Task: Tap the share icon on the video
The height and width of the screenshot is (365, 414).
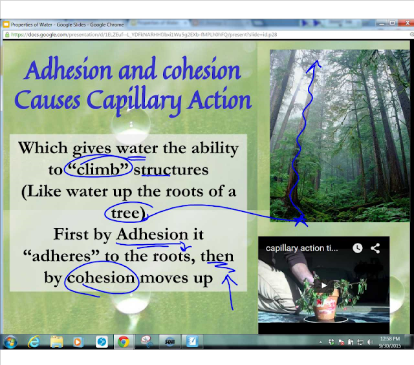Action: point(375,248)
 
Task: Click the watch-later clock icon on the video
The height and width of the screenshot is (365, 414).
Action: point(358,248)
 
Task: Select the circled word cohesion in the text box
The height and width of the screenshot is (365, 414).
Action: point(102,278)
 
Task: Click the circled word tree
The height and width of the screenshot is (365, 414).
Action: point(127,214)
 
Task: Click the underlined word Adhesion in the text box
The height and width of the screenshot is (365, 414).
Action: point(149,235)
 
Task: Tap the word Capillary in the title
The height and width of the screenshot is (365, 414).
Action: point(147,101)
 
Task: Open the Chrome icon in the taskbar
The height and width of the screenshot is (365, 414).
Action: point(123,342)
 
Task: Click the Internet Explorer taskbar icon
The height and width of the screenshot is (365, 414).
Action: point(34,342)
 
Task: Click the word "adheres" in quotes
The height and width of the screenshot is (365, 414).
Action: point(67,257)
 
